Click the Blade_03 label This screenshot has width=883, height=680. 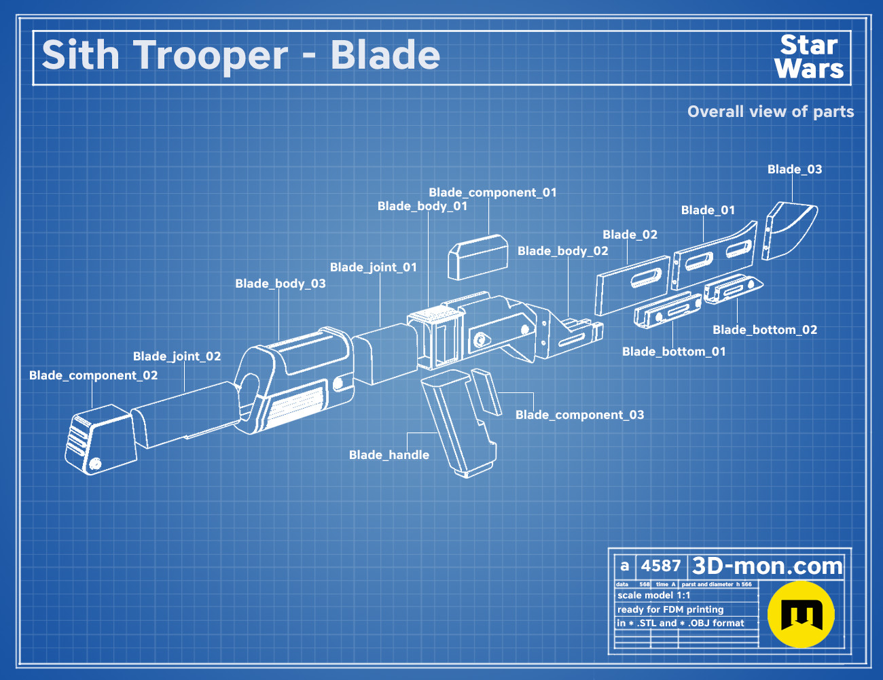pos(795,169)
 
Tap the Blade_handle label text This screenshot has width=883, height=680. pos(389,455)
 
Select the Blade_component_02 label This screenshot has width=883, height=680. pos(93,375)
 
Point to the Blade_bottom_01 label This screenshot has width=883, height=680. pos(674,352)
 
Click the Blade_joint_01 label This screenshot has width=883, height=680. pos(373,267)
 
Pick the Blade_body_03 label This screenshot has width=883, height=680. pos(281,284)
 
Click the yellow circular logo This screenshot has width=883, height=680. pos(801,614)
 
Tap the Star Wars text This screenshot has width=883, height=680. pos(809,57)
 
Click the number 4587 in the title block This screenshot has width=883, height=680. pos(660,566)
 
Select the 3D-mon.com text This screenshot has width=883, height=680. pos(767,566)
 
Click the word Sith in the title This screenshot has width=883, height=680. pos(80,55)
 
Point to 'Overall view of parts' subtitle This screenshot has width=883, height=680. pos(770,112)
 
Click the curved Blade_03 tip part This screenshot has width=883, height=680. pos(791,229)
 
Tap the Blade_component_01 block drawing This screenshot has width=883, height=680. pos(477,256)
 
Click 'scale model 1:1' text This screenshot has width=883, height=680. pos(653,595)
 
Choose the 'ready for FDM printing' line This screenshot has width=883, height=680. pos(670,609)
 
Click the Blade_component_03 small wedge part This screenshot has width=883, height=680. pos(486,392)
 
